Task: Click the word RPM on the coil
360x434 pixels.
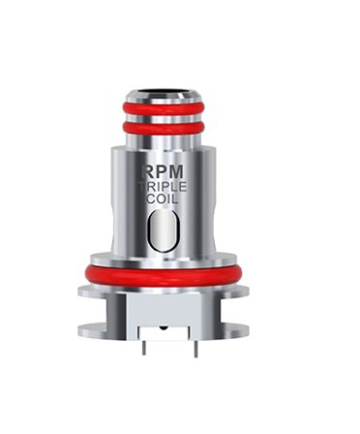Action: point(163,171)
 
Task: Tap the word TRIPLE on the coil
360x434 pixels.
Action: point(163,187)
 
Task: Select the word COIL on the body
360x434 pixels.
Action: point(163,199)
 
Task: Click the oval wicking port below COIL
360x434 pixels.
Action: point(163,231)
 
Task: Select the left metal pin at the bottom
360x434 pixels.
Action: point(144,348)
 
